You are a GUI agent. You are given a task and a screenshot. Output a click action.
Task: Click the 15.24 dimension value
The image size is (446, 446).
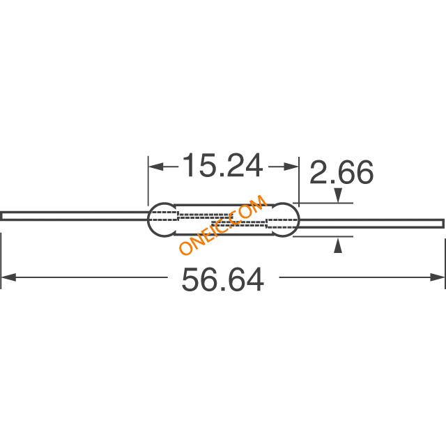[223, 166]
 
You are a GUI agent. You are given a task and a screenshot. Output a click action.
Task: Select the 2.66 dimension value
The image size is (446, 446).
[341, 172]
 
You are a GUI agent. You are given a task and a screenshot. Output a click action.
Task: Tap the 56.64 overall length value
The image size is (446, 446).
[223, 279]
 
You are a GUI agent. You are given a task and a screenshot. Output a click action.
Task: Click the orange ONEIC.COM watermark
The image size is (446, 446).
[223, 224]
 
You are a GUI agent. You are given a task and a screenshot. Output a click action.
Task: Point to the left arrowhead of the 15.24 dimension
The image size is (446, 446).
[156, 167]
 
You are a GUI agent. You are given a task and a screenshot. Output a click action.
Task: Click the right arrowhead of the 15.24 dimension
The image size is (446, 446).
[291, 167]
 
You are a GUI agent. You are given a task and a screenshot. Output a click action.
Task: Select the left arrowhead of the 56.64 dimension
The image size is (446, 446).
[8, 277]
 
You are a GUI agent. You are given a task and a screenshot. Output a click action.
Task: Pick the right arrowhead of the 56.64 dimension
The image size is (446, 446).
[437, 277]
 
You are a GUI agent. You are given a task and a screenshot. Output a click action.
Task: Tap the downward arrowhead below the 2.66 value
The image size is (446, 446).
[337, 195]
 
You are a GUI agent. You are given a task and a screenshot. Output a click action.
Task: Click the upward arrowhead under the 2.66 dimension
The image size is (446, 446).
[337, 245]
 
